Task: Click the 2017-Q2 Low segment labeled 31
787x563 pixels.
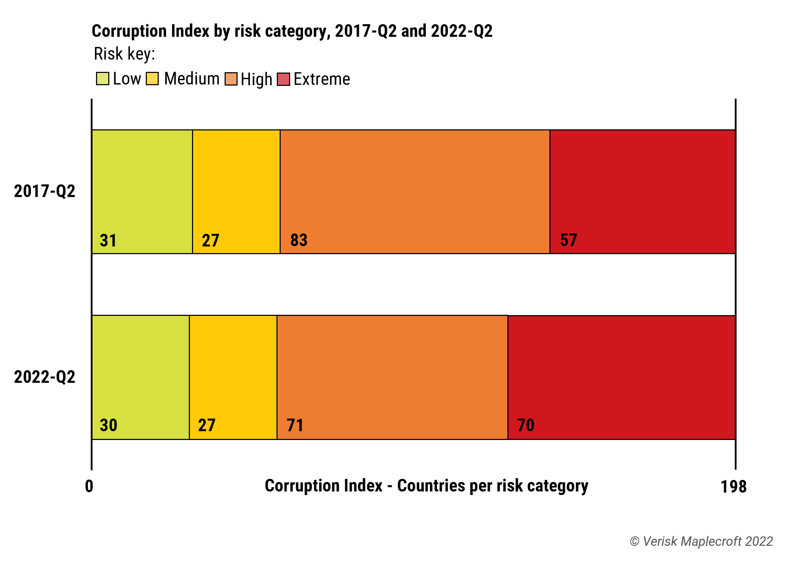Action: point(142,191)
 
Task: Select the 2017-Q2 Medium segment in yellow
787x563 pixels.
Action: point(236,191)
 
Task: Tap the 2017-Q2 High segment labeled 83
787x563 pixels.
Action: point(415,191)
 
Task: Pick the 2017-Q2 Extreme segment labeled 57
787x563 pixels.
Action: point(642,191)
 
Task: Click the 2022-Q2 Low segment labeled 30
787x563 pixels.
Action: point(141,377)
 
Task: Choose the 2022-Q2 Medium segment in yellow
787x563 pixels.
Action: point(233,377)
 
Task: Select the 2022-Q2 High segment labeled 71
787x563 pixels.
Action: point(392,377)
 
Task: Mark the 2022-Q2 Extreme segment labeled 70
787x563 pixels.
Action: point(621,377)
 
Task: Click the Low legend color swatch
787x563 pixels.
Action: point(102,79)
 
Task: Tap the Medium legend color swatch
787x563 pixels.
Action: point(152,79)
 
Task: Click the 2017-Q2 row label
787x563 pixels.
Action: point(45,191)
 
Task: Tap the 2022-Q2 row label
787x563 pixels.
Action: point(45,377)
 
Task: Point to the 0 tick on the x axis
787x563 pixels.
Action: point(89,487)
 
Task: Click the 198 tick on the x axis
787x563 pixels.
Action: point(733,487)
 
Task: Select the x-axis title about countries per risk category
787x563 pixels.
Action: point(426,486)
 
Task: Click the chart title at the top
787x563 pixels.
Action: point(292,31)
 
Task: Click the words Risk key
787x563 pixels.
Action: point(124,54)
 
